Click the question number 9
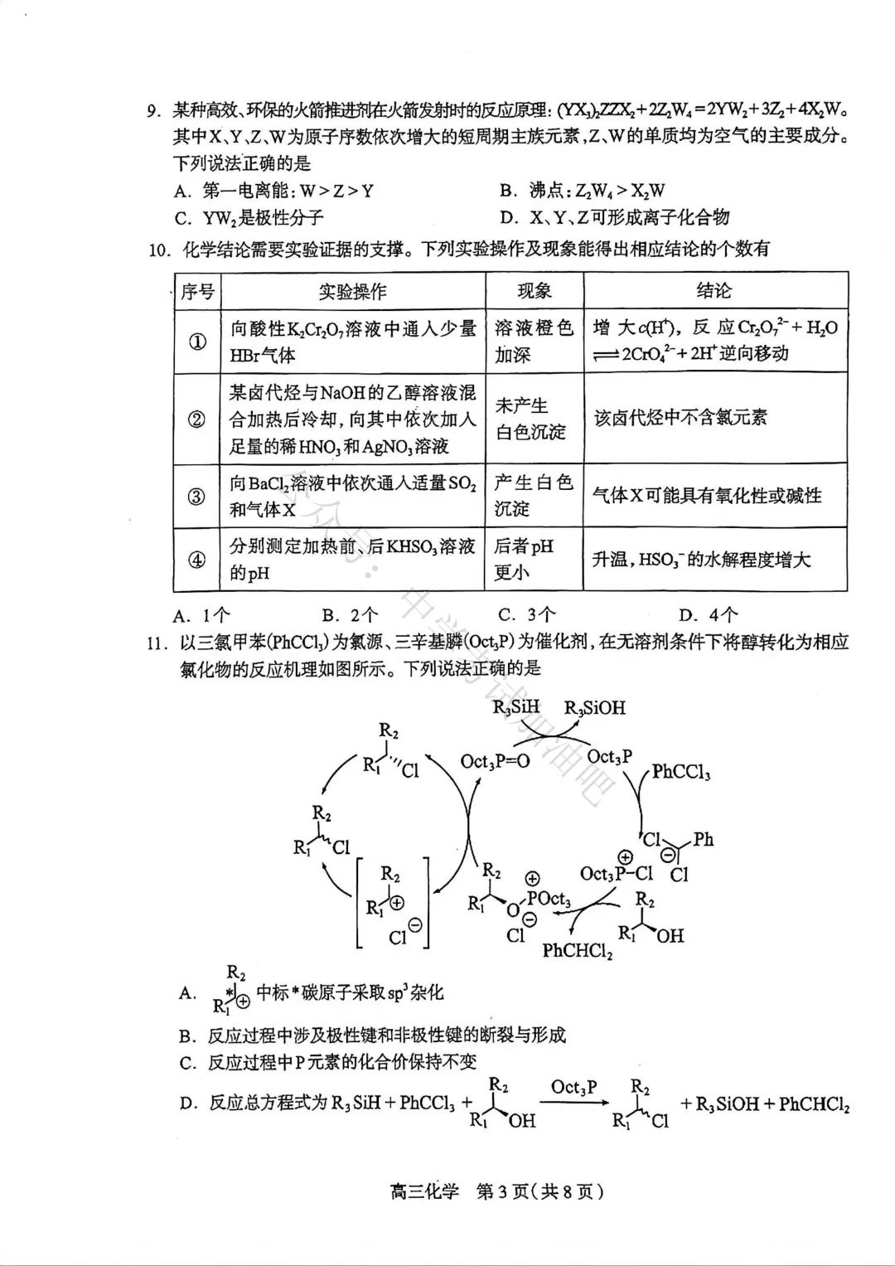click(152, 111)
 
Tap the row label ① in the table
click(197, 342)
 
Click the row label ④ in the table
click(197, 560)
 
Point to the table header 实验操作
click(352, 291)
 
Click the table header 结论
click(714, 290)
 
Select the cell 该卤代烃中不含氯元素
click(680, 417)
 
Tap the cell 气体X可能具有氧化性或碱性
click(706, 496)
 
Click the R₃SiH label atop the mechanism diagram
click(515, 707)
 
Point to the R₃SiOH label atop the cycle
click(594, 708)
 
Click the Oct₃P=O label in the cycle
click(495, 760)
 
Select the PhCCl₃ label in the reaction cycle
click(680, 772)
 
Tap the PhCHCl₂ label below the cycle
click(578, 950)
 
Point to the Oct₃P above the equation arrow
click(573, 1087)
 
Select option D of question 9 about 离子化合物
click(614, 217)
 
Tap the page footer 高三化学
click(423, 1192)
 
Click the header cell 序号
click(197, 291)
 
